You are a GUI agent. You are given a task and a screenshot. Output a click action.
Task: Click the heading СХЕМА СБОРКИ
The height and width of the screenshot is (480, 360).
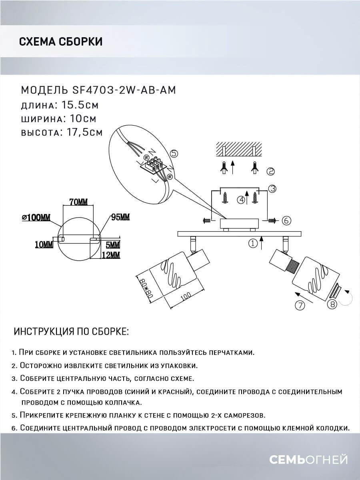pyautogui.click(x=60, y=42)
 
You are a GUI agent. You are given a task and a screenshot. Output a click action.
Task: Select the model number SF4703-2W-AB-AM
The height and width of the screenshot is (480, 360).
pyautogui.click(x=126, y=90)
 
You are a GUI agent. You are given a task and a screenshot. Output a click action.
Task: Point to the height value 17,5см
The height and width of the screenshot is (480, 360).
pyautogui.click(x=82, y=132)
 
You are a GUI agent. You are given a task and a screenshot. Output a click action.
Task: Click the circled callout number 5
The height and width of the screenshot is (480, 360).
pyautogui.click(x=174, y=153)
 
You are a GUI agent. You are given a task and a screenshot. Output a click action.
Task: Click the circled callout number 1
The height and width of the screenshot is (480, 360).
pyautogui.click(x=252, y=243)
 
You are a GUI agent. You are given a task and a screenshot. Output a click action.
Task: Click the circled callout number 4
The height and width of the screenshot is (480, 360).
pyautogui.click(x=241, y=200)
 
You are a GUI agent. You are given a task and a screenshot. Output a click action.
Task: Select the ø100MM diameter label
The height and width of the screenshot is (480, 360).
pyautogui.click(x=36, y=218)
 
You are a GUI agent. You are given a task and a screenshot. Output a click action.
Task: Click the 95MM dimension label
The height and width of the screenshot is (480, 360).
pyautogui.click(x=120, y=217)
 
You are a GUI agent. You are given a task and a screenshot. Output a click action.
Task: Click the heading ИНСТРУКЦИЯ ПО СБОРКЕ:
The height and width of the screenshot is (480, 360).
pyautogui.click(x=71, y=332)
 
